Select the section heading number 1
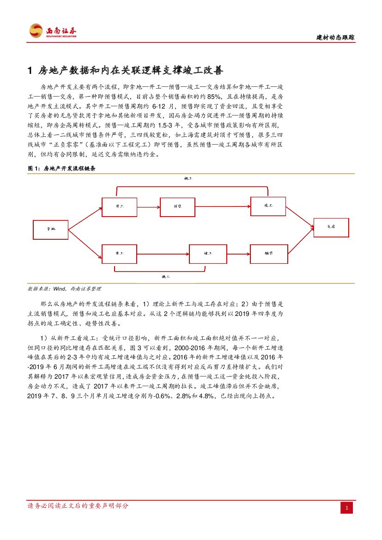click(30, 71)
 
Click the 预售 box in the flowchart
click(178, 206)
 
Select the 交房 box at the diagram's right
click(331, 227)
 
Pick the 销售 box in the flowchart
click(269, 253)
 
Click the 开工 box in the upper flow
click(119, 206)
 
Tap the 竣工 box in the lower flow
click(208, 253)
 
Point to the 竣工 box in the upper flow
click(268, 205)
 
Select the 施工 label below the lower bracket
click(166, 276)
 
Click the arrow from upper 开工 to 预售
click(148, 206)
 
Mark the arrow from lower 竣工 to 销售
click(238, 253)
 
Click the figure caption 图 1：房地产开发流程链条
click(62, 169)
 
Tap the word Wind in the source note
click(60, 289)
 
